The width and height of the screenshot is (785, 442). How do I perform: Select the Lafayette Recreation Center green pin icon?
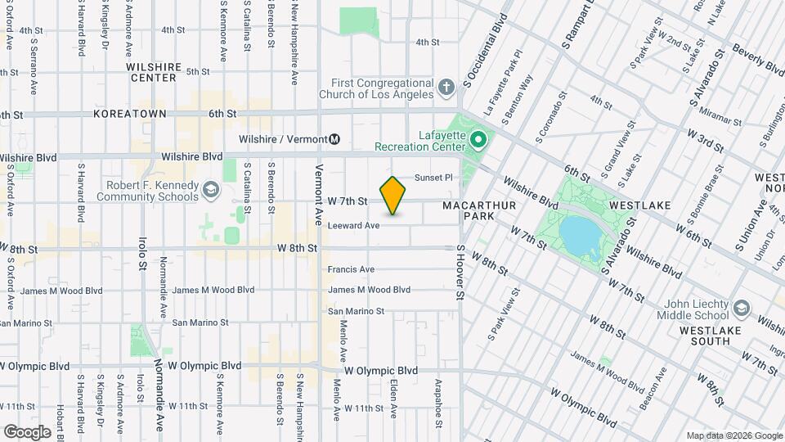point(478,140)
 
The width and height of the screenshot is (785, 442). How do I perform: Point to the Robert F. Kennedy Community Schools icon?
point(212,191)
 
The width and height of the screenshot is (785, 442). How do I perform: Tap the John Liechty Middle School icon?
point(741,309)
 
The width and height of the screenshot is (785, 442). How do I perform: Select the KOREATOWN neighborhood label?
point(129,114)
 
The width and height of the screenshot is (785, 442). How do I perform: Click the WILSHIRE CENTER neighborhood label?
point(152,72)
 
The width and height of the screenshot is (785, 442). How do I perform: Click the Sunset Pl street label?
point(433,178)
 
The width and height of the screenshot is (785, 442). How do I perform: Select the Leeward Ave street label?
point(354,226)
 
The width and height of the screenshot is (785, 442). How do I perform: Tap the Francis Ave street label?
point(351,269)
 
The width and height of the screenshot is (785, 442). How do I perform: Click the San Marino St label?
point(356,311)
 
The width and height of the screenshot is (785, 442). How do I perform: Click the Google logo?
point(27,431)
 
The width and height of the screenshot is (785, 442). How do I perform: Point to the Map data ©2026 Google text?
point(733,435)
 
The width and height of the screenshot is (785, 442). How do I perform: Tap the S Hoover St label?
point(461,272)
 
